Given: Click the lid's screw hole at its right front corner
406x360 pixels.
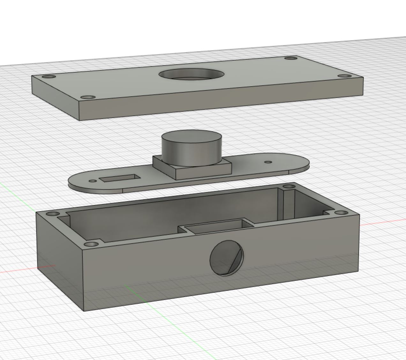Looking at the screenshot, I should [343, 76].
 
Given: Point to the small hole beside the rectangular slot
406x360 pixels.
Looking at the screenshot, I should [93, 181].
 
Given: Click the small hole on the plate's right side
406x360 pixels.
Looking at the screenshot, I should [268, 162].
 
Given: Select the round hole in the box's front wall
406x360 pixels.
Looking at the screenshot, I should [226, 258].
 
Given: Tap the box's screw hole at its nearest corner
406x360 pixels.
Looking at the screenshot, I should [91, 244].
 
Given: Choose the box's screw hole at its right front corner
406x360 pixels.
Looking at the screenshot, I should [341, 212].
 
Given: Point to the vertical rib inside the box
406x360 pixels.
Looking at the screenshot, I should [281, 204].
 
